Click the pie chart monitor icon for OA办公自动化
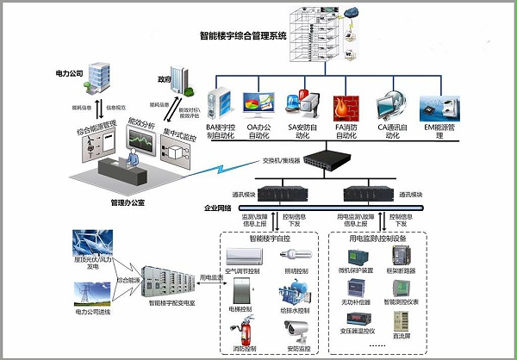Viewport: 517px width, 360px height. [257, 103]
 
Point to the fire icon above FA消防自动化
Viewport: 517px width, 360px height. [347, 105]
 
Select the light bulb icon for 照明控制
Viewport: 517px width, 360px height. [298, 255]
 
